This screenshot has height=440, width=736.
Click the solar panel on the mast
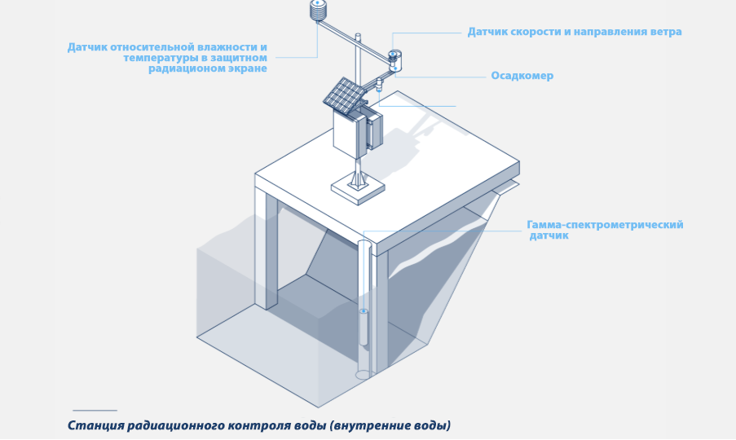pos(343,95)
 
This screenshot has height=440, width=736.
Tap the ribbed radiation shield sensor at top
pos(318,11)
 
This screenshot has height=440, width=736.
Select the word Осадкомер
pos(522,76)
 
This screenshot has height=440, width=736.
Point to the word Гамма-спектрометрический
pos(605,225)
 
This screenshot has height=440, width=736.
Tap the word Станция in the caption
pos(93,425)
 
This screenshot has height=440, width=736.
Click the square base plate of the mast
pos(357,188)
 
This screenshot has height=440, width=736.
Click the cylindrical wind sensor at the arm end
pos(394,57)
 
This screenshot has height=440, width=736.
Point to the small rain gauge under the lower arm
pos(379,84)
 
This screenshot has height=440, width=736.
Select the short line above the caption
pos(95,410)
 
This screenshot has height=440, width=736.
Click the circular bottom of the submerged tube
pos(364,375)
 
